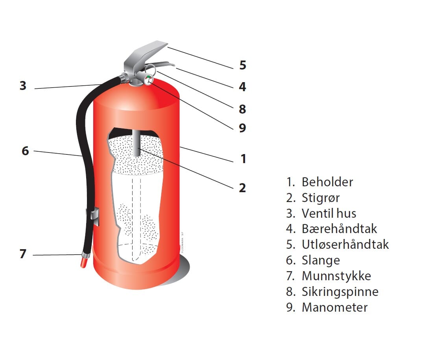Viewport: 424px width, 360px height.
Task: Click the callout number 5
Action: [x=243, y=65]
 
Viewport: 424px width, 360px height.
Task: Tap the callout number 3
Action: [x=23, y=86]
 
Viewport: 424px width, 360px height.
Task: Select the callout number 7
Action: [x=23, y=254]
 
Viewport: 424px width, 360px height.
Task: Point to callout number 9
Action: [x=243, y=128]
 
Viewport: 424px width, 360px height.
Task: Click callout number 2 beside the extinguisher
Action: [x=243, y=188]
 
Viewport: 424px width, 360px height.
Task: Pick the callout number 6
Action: [x=25, y=151]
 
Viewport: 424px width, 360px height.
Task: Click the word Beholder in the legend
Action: [x=327, y=182]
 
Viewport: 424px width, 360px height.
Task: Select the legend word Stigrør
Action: [x=321, y=198]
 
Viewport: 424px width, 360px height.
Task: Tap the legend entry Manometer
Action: [x=335, y=307]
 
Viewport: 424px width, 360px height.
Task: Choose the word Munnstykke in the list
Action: [x=336, y=276]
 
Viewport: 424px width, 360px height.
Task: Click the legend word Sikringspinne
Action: [x=340, y=292]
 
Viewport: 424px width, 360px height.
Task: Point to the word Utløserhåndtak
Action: [x=345, y=244]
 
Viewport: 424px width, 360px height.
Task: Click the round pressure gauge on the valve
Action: [x=148, y=80]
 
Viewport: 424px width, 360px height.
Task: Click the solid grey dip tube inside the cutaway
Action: [x=137, y=143]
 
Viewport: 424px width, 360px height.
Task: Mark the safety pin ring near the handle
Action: [x=151, y=69]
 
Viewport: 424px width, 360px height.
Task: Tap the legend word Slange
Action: [x=321, y=261]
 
